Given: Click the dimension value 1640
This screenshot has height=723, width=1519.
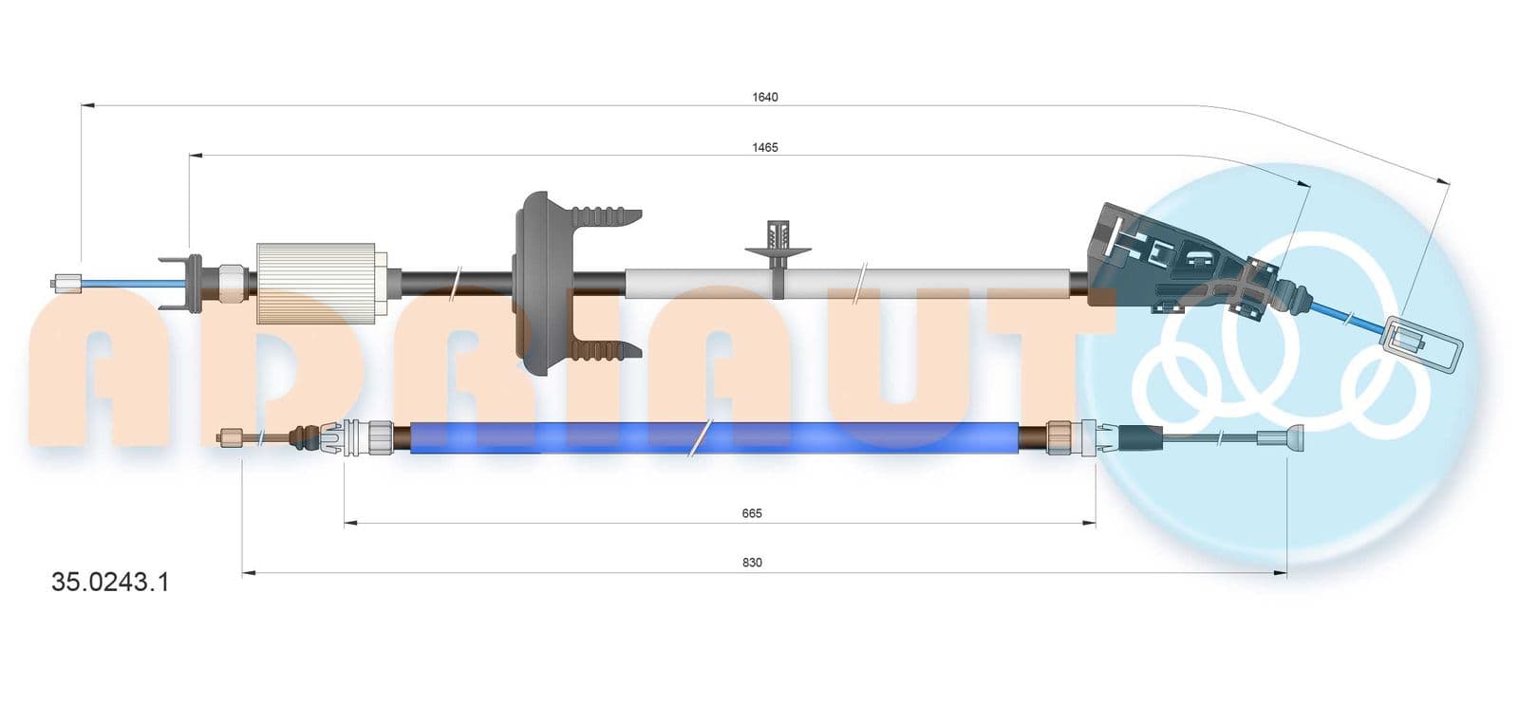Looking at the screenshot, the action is [x=765, y=98].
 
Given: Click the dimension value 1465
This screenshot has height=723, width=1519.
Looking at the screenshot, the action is [x=765, y=148].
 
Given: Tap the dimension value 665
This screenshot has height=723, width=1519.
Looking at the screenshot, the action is [x=752, y=513].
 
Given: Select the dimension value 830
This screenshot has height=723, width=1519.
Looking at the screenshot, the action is [x=752, y=563].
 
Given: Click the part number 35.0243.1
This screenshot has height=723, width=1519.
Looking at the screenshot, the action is [x=110, y=582].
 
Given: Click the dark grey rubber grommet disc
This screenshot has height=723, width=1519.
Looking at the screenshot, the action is [x=539, y=283].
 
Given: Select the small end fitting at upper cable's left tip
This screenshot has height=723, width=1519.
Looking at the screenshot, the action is [x=67, y=283].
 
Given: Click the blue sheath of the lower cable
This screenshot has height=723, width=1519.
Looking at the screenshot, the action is [x=714, y=437].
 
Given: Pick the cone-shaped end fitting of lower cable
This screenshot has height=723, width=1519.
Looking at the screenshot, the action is [x=1281, y=436].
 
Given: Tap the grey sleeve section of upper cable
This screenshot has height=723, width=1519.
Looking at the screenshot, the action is [x=848, y=283].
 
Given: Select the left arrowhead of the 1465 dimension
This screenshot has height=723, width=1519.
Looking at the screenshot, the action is [x=196, y=156].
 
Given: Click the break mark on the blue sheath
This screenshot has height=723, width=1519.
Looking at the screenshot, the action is [x=700, y=437].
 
